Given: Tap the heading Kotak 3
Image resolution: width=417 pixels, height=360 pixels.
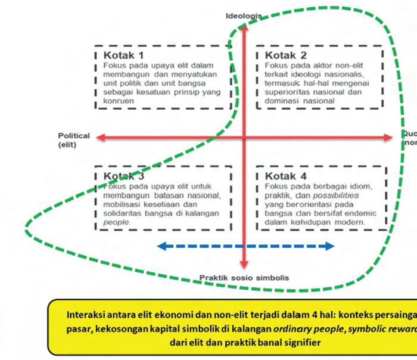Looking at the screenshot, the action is click(x=124, y=176).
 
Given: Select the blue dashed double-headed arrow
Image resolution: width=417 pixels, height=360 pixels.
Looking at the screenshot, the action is click(x=245, y=246).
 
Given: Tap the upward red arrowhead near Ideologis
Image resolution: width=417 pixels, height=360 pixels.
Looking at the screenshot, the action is click(x=244, y=30).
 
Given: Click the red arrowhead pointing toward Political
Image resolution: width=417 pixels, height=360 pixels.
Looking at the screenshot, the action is click(x=101, y=138).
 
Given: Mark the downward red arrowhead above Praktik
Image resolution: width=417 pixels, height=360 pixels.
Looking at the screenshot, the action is click(x=244, y=264).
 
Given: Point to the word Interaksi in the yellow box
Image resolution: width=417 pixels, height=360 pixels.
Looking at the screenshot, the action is click(x=87, y=315).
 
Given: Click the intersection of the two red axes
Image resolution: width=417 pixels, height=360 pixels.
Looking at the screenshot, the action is click(x=244, y=138).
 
